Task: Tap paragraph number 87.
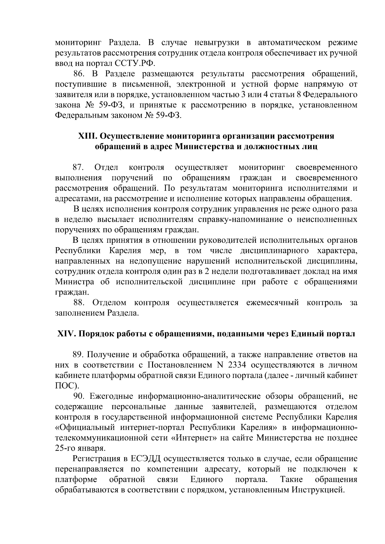tap(79, 167)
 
